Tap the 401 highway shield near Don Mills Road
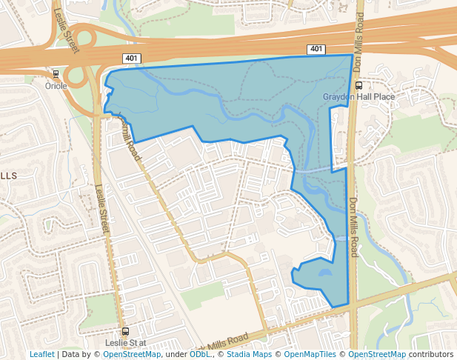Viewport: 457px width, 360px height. coord(316,50)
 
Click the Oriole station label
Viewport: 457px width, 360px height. coord(56,86)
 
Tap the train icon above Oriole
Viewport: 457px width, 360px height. coord(56,75)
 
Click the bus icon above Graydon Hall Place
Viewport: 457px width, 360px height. coord(359,85)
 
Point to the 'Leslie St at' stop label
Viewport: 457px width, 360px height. coord(126,343)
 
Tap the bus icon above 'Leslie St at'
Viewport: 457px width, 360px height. coord(125,332)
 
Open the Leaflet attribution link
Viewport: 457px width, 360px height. coord(41,354)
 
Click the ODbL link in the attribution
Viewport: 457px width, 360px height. coord(200,354)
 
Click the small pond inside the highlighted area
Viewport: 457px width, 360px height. coord(324,273)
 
